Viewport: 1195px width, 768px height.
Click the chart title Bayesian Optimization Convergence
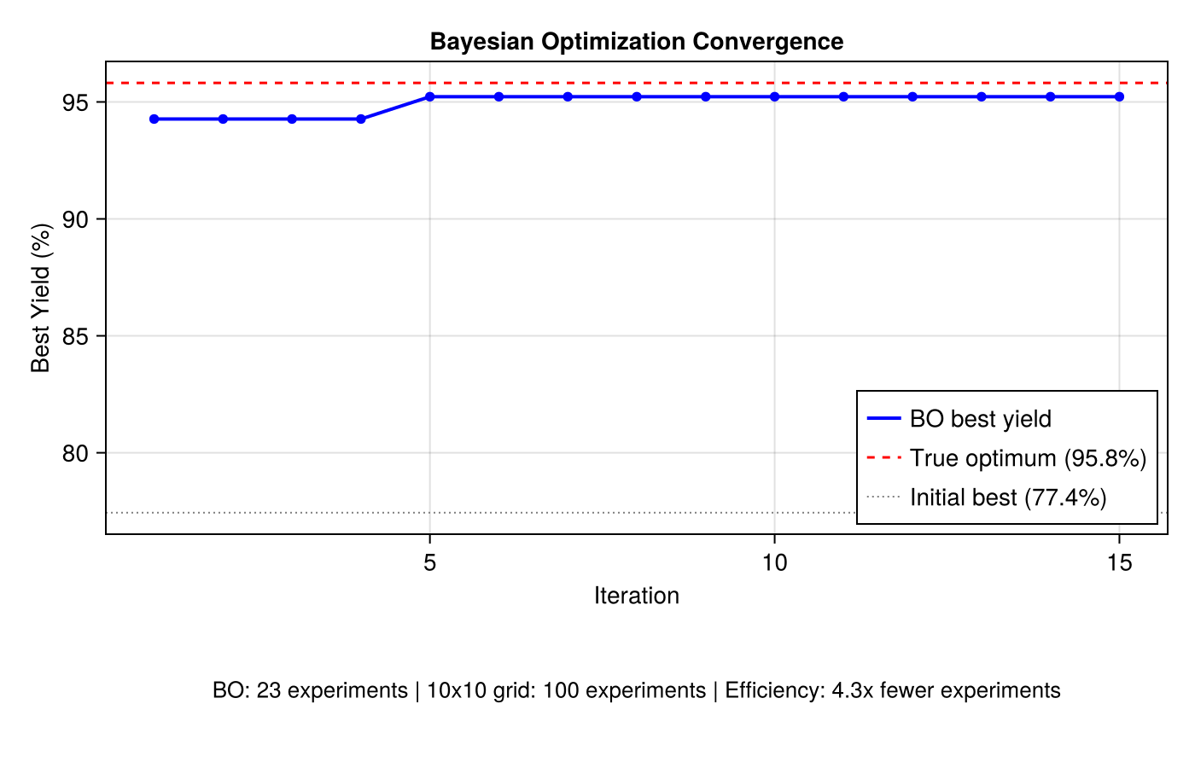(636, 41)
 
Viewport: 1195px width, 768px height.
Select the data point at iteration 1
(154, 119)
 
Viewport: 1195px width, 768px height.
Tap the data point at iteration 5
(430, 97)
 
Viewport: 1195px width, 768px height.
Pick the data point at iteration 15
(1119, 97)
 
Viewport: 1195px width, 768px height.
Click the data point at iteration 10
(774, 97)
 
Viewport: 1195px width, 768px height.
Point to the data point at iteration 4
(361, 119)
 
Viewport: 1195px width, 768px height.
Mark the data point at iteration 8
(637, 97)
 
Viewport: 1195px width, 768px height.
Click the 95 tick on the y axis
(74, 102)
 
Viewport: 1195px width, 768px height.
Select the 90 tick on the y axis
(74, 219)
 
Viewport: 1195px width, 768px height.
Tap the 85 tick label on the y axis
(74, 336)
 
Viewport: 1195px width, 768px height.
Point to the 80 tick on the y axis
(74, 453)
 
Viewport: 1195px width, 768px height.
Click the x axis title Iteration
(636, 596)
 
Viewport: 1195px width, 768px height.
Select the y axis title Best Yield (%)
(40, 298)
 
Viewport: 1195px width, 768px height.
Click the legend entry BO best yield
(980, 419)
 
